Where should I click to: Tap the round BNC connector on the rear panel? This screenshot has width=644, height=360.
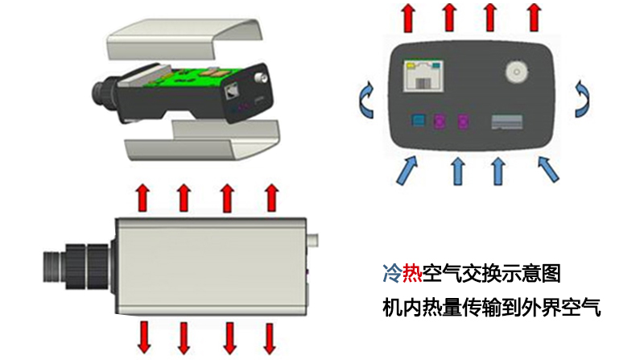point(516,74)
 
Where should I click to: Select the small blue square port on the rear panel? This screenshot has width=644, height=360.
point(417,122)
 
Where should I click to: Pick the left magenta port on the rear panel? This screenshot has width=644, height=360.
point(440,122)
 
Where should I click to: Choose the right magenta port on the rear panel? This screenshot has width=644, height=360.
point(463,122)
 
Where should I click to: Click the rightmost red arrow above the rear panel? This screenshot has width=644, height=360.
point(532,15)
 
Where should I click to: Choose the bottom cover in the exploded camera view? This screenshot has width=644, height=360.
point(201,142)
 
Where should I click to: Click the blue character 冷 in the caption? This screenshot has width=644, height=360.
point(391,274)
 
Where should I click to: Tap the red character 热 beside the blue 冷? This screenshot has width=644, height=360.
point(412,274)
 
